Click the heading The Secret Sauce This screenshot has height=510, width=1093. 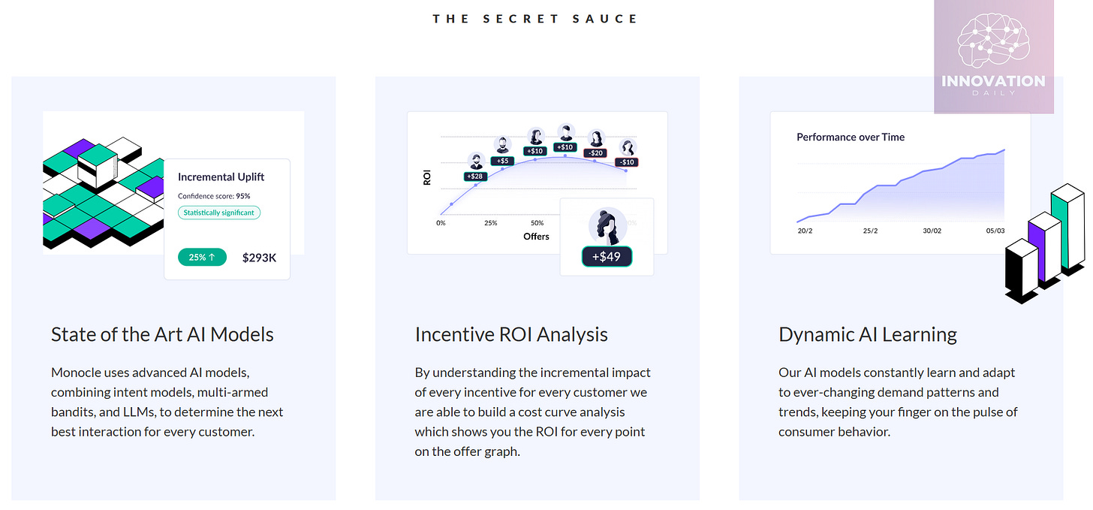coord(534,19)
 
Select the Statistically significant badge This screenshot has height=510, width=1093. coord(219,213)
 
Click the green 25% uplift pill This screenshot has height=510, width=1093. coord(202,257)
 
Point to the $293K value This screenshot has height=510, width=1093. coord(259,258)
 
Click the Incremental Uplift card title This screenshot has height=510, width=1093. coord(221,177)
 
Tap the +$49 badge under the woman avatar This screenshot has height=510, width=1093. coord(607,256)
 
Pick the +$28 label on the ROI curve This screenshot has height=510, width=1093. coord(475,177)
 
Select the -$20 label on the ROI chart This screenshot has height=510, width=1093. coord(595,153)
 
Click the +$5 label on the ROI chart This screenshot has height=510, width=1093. coord(502,161)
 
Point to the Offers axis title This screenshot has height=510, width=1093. coord(536,237)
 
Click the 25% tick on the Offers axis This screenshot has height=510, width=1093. coord(491,223)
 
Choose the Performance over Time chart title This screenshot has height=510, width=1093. coord(851,137)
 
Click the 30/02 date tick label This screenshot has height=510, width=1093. coord(932,231)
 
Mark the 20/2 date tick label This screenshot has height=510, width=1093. coord(805,231)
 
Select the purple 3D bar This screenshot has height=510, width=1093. coord(1043,248)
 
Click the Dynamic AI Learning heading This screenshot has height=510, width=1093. coord(868,334)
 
